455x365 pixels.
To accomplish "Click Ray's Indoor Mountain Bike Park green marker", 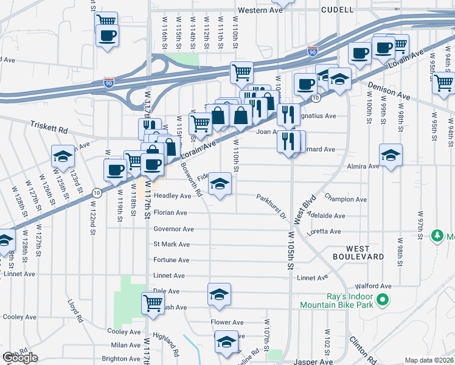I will pos(382,300).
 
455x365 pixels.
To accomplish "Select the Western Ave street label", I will pos(260,10).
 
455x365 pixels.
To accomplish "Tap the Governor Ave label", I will pos(173,229).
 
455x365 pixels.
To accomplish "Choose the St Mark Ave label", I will pos(172,245).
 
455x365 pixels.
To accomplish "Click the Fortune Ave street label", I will pos(172,260).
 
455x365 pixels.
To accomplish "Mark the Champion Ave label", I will pos(346,199).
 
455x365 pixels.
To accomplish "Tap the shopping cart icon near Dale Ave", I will pos(153,302).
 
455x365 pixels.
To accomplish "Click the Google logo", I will pos(20,358).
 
